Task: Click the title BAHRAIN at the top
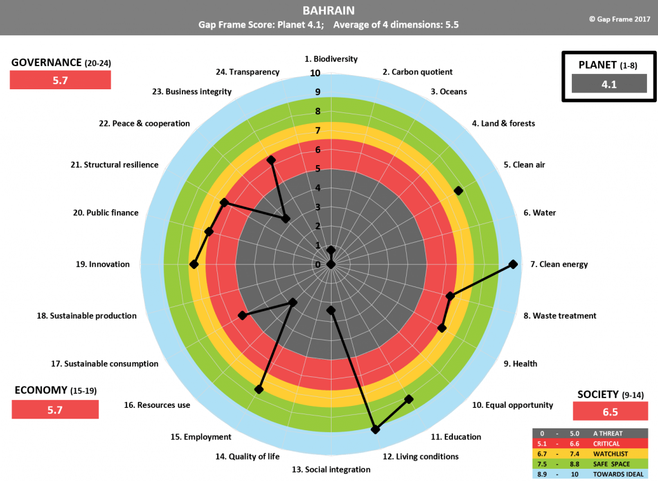[328, 10]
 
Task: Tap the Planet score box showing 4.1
[609, 83]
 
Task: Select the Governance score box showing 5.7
[60, 80]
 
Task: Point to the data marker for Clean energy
[513, 264]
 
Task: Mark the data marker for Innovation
[195, 264]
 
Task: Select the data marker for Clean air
[458, 190]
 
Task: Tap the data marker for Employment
[259, 389]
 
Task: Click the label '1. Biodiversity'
[331, 58]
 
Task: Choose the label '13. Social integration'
[331, 469]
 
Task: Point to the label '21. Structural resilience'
[114, 164]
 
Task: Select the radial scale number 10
[316, 73]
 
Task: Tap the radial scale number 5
[317, 169]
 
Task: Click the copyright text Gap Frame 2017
[619, 19]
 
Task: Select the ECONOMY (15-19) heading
[55, 390]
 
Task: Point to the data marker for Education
[409, 399]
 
